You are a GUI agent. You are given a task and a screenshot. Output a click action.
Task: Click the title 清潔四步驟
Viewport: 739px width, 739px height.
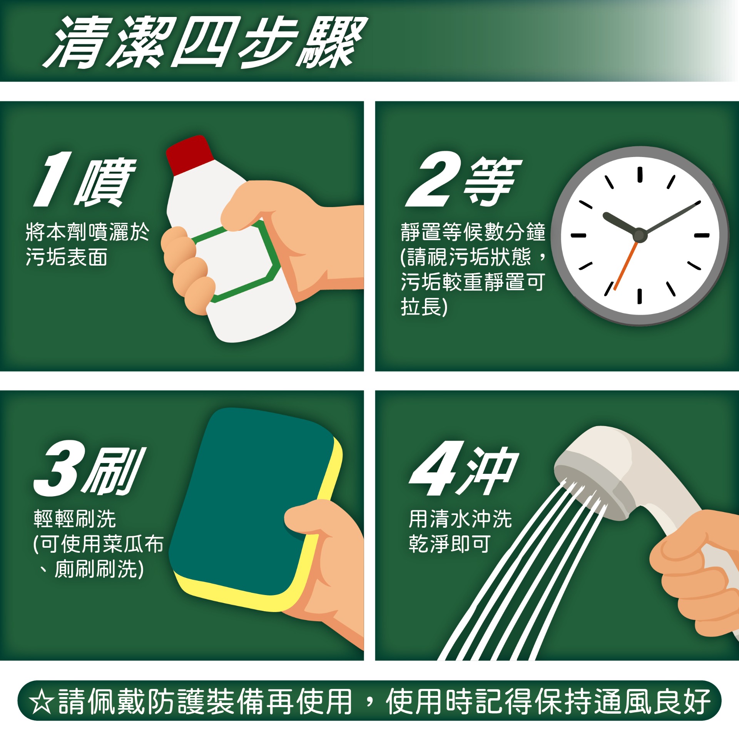205,42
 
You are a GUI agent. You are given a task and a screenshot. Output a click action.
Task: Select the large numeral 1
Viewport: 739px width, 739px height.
53,179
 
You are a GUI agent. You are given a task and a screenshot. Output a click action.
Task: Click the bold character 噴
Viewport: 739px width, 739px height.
105,182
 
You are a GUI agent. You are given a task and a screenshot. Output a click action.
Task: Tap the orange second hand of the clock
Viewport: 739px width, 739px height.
625,266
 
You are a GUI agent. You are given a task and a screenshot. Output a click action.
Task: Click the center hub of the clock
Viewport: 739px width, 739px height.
639,235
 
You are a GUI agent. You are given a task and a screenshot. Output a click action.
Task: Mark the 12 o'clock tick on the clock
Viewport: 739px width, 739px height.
640,174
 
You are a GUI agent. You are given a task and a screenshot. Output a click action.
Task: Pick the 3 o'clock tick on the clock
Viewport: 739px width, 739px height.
702,235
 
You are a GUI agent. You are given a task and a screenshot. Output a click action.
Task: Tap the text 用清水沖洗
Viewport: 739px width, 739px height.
460,519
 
